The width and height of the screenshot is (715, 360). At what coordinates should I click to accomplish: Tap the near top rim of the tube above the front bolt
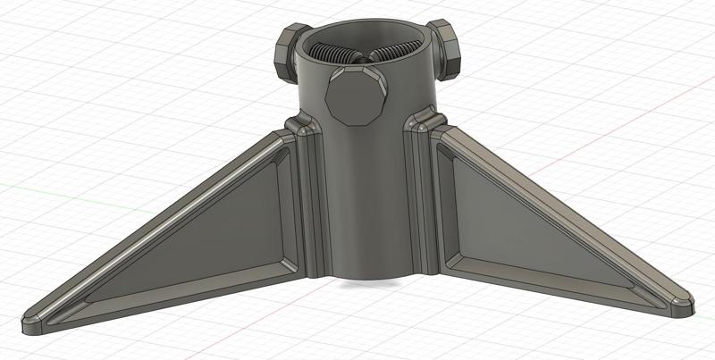click(357, 71)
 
